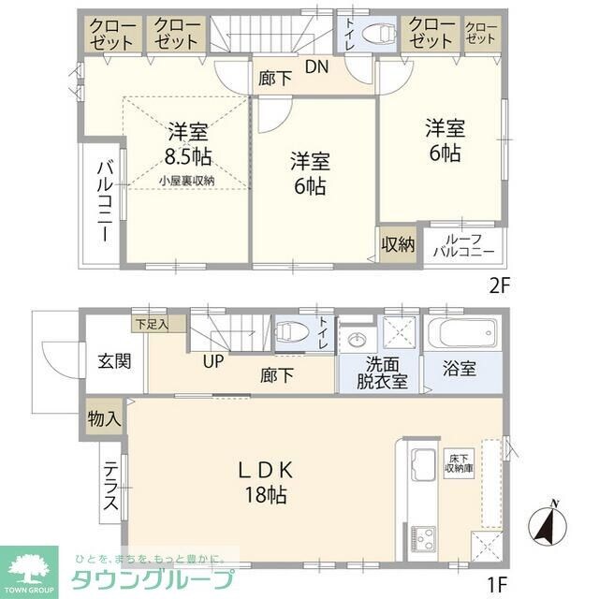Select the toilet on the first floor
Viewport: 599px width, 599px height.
[294, 332]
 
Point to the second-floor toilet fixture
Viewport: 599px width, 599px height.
[380, 34]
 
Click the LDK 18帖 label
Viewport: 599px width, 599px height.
[266, 482]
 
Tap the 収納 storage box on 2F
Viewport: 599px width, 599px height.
[397, 244]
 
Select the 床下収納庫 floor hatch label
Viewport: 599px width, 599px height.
[459, 463]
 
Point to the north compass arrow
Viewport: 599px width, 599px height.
[548, 524]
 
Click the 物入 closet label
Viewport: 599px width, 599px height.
[103, 417]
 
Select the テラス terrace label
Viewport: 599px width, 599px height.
[111, 488]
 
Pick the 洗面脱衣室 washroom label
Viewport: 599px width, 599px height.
[381, 373]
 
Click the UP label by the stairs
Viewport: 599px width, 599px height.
[213, 362]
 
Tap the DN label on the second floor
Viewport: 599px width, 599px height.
[315, 66]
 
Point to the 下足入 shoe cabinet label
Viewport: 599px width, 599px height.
[150, 325]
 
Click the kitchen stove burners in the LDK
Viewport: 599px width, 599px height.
[423, 538]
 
